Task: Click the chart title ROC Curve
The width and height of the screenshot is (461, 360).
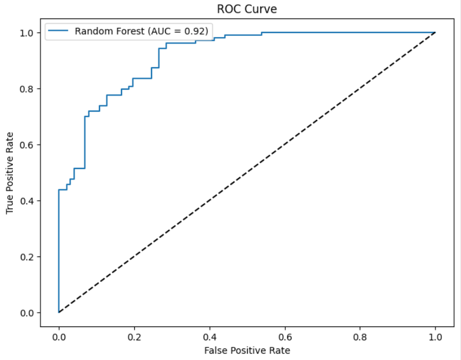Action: (x=247, y=9)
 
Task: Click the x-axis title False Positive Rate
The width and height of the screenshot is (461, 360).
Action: (x=247, y=350)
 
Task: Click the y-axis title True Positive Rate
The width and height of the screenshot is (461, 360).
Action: (x=10, y=172)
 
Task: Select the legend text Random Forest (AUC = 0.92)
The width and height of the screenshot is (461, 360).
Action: (x=141, y=31)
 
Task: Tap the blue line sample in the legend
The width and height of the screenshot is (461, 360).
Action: (x=58, y=31)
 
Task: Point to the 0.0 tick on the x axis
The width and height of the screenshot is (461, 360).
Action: (x=58, y=335)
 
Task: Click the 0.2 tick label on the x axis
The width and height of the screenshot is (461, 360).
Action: (x=134, y=335)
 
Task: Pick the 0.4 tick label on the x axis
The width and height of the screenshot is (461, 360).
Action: (x=209, y=335)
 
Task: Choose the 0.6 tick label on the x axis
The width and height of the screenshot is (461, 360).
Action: (x=285, y=335)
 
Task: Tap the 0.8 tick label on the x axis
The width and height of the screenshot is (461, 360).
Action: (x=360, y=335)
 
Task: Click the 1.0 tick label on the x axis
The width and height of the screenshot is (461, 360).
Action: (x=435, y=335)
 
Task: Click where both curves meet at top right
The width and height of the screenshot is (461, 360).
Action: (x=435, y=33)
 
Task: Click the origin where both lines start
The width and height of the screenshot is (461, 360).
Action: (x=58, y=313)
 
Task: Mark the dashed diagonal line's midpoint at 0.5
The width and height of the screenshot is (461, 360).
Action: (x=247, y=172)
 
